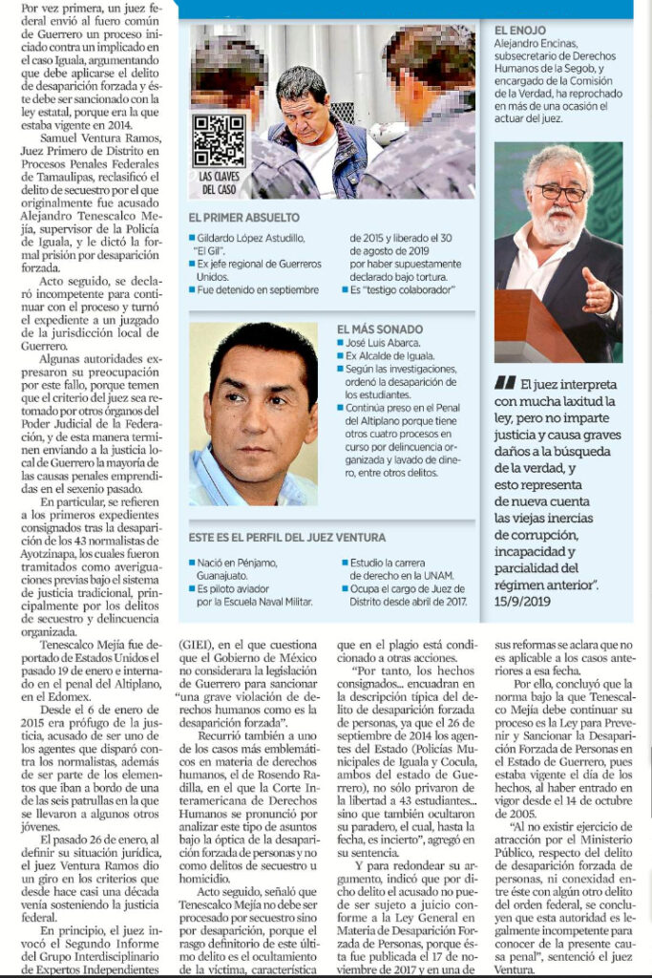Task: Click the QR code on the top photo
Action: coord(219,139)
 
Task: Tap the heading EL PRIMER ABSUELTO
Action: coord(244,218)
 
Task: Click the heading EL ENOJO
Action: coord(520,31)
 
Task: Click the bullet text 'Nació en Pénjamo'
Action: coord(240,563)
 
